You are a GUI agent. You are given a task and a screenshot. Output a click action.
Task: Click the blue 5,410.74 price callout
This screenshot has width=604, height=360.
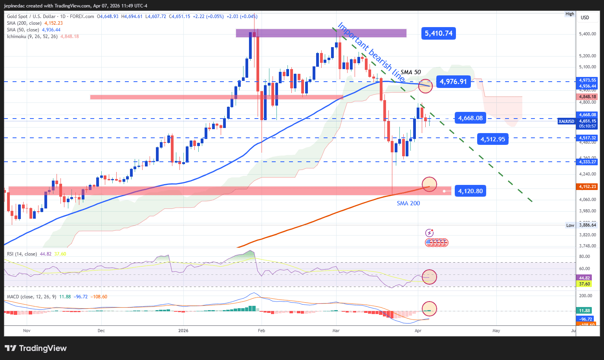pyautogui.click(x=439, y=33)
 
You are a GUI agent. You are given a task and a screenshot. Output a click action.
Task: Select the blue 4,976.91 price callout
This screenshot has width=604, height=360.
pyautogui.click(x=453, y=82)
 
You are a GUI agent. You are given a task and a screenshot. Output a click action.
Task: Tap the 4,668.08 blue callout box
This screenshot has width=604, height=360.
pyautogui.click(x=470, y=118)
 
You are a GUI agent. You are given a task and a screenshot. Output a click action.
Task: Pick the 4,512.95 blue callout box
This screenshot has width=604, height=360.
pyautogui.click(x=493, y=139)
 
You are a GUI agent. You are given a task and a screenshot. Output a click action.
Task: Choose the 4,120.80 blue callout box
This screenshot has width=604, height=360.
pyautogui.click(x=470, y=191)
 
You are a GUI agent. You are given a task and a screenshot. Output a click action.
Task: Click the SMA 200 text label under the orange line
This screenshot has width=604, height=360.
pyautogui.click(x=408, y=203)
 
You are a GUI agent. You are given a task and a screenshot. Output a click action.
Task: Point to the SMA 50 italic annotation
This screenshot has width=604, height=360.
pyautogui.click(x=410, y=72)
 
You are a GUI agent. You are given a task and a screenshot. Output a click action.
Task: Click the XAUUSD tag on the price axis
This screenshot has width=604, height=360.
pyautogui.click(x=566, y=121)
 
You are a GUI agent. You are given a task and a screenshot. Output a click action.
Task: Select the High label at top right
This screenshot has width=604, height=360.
pyautogui.click(x=569, y=14)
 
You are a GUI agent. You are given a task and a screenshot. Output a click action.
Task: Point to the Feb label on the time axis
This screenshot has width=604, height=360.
pyautogui.click(x=261, y=331)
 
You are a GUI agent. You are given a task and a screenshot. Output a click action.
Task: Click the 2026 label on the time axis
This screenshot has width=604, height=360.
pyautogui.click(x=183, y=331)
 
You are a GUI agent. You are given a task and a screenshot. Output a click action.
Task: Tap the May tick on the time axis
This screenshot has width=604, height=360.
pyautogui.click(x=496, y=331)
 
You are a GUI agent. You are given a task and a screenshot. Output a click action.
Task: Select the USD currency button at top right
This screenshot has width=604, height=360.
pyautogui.click(x=585, y=18)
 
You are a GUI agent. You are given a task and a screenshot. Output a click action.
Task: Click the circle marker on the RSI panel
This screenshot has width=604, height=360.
pyautogui.click(x=429, y=277)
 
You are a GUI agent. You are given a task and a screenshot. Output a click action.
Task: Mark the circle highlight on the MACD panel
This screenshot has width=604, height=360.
pyautogui.click(x=429, y=309)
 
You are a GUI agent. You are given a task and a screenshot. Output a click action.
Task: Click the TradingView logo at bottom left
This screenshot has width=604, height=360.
pyautogui.click(x=36, y=348)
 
